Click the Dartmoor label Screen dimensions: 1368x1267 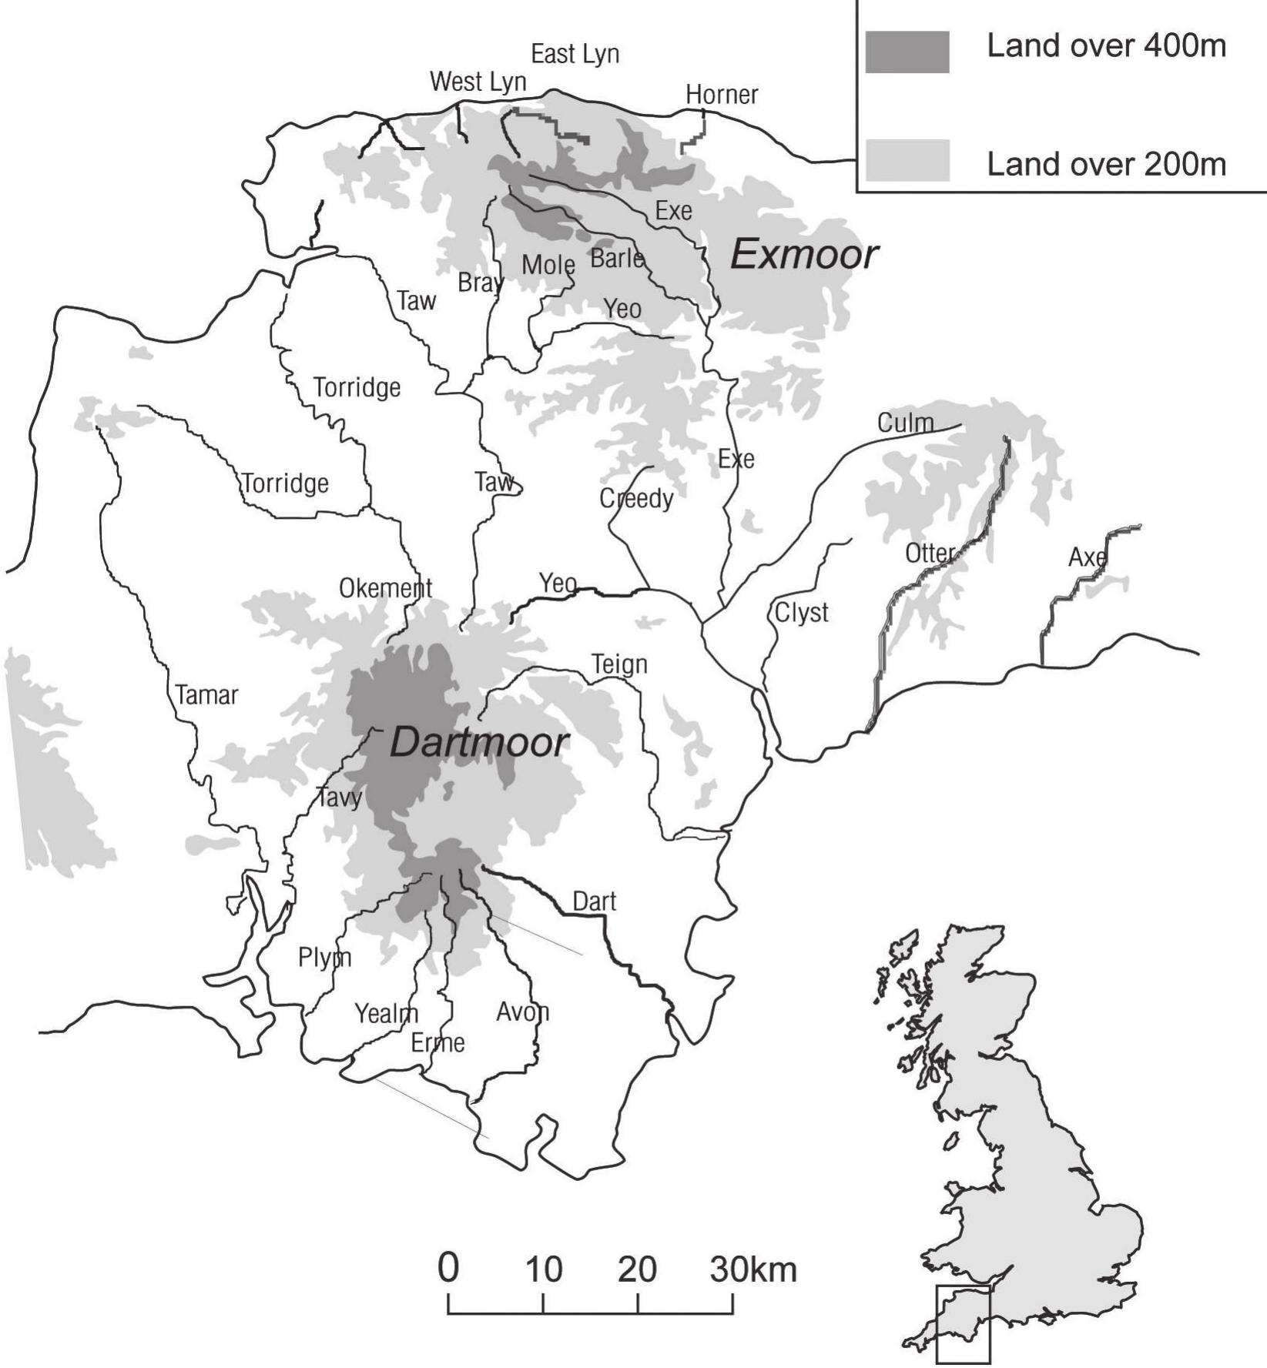[x=479, y=744]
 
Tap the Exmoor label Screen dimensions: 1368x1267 [x=803, y=255]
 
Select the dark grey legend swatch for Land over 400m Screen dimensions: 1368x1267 [x=907, y=52]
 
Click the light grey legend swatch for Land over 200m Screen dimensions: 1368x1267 [x=907, y=160]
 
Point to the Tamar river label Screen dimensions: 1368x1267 [x=206, y=695]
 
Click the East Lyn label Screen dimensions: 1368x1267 [x=575, y=55]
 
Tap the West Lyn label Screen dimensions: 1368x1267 [x=478, y=82]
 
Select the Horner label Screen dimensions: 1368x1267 [x=722, y=95]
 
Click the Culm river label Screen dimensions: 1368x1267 [x=905, y=423]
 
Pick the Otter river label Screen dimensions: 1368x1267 [x=930, y=554]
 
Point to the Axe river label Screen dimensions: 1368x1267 [x=1087, y=557]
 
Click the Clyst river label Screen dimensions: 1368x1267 [x=801, y=614]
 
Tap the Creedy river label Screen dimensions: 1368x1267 [x=636, y=499]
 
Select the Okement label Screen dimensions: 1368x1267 [x=385, y=589]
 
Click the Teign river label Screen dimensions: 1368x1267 [x=618, y=664]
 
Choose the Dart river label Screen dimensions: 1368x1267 [x=594, y=901]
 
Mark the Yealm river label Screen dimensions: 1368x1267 [x=386, y=1014]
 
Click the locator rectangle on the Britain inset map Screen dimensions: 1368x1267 [x=963, y=1324]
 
